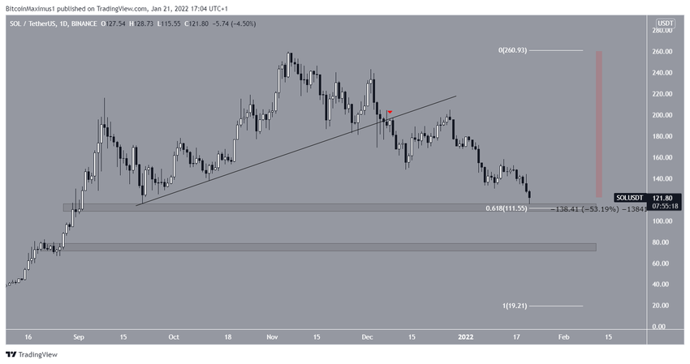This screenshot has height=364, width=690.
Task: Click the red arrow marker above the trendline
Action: [x=390, y=112]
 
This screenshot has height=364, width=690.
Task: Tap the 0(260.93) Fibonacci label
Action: [x=512, y=50]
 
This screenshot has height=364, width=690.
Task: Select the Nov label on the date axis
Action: [x=272, y=337]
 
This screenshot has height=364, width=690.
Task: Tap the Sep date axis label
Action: [x=79, y=337]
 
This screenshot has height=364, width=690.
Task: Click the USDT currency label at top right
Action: [x=665, y=24]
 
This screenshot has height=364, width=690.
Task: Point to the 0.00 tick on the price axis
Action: [x=663, y=327]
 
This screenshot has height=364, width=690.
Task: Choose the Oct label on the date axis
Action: [x=172, y=337]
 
